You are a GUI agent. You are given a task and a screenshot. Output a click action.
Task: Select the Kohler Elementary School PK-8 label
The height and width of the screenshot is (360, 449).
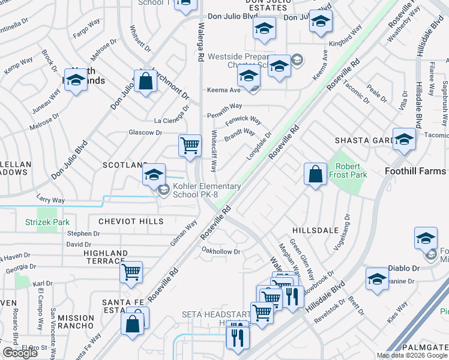click(207, 190)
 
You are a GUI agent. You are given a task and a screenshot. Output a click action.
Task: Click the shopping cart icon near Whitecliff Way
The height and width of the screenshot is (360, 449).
click(190, 145)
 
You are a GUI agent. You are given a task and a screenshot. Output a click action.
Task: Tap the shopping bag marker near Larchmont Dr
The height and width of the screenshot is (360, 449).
click(145, 80)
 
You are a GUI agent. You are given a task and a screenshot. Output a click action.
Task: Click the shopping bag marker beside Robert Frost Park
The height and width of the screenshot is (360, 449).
click(315, 175)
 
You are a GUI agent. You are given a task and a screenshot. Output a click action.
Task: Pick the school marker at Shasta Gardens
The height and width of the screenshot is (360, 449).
click(404, 139)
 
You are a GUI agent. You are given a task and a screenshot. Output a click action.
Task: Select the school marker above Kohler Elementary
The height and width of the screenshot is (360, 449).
click(154, 175)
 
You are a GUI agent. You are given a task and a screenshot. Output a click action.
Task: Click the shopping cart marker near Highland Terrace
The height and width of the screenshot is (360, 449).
click(131, 272)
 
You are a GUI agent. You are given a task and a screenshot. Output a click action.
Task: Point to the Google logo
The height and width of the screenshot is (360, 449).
click(20, 353)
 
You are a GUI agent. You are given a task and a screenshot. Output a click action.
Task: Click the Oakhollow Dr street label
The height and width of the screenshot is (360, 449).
click(221, 251)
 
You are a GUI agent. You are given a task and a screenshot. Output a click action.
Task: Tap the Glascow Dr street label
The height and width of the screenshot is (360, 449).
click(145, 133)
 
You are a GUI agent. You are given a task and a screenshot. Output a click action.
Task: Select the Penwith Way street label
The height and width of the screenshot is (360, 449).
click(224, 115)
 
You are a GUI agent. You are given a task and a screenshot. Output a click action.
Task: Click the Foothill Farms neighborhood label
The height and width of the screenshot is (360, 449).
click(415, 171)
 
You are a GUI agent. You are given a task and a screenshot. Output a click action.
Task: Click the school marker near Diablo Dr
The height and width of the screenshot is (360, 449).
click(377, 278)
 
